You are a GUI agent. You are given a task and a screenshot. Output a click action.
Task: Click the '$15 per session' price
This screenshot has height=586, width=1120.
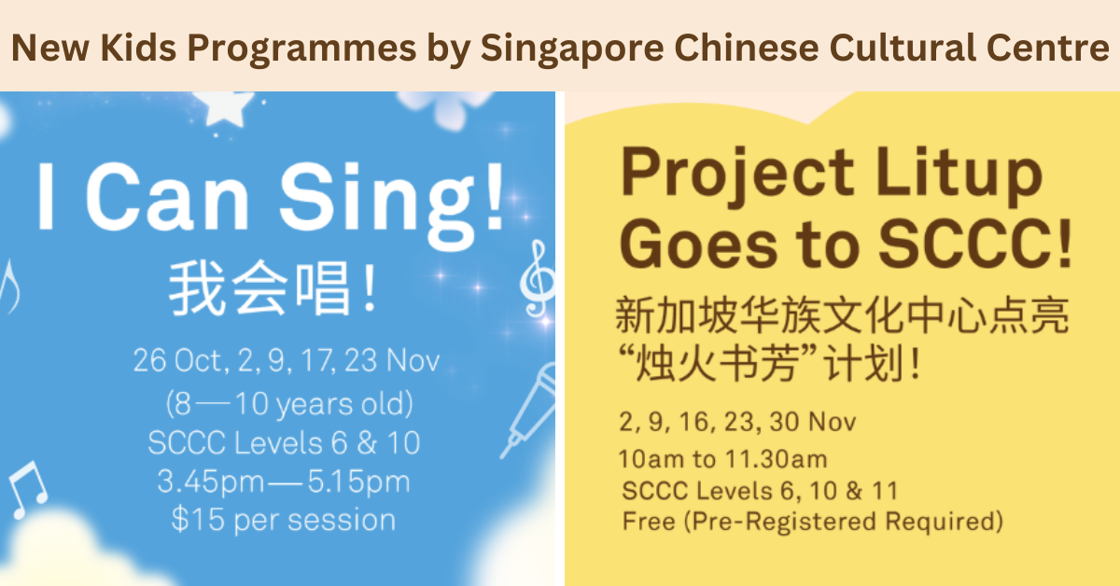pyautogui.click(x=283, y=519)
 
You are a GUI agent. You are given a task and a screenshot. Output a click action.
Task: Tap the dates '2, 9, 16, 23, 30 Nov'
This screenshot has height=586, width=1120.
pyautogui.click(x=736, y=422)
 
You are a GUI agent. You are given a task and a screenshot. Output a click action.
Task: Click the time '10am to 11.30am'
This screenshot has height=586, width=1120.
pyautogui.click(x=721, y=459)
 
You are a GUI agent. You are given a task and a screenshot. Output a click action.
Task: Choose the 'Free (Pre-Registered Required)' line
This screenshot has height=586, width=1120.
pyautogui.click(x=812, y=521)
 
